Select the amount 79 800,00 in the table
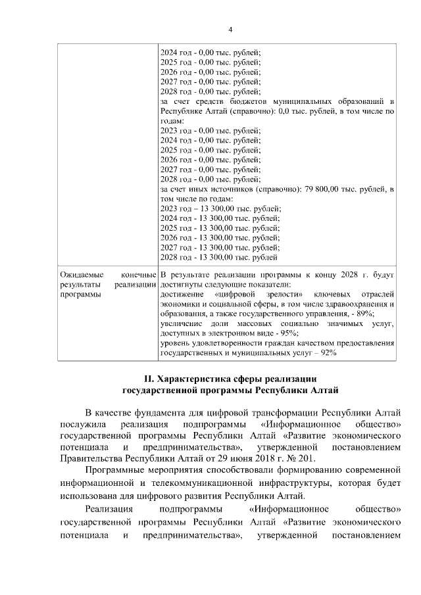coord(325,190)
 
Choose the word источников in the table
coord(230,190)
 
